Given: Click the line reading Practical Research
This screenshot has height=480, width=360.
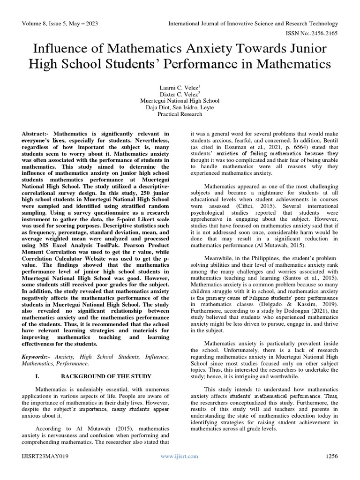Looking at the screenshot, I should click(180, 114).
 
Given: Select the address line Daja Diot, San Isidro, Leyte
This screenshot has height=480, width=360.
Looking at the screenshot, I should click(180, 107).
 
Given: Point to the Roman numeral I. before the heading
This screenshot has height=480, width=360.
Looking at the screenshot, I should click(38, 376).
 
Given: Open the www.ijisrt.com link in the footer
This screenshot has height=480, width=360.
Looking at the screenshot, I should click(180, 456).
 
